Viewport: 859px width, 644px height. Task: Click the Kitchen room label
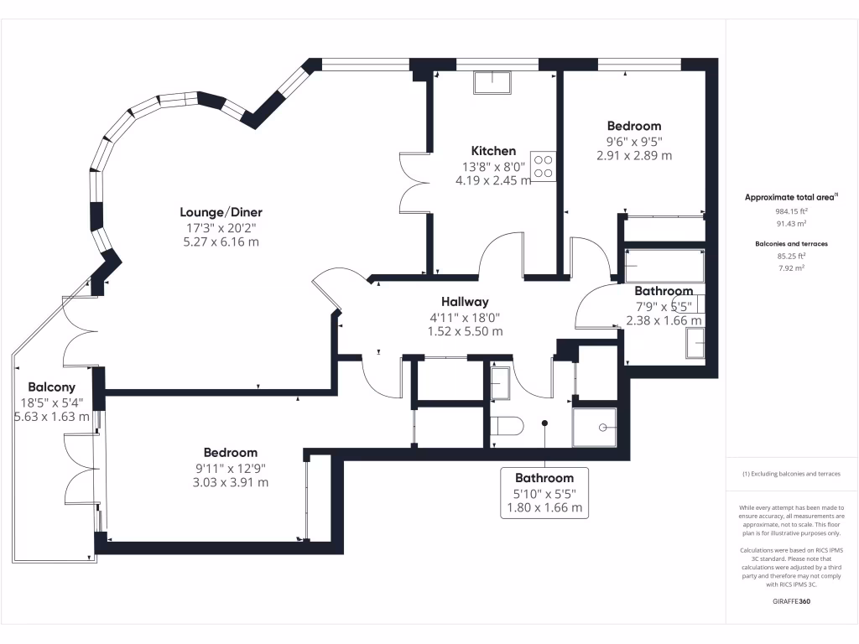(x=492, y=151)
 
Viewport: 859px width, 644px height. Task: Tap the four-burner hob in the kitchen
(x=543, y=165)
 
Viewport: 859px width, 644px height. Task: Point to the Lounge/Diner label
(x=215, y=212)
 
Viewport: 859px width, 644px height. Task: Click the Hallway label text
(x=465, y=302)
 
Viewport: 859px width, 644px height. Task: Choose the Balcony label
(x=51, y=387)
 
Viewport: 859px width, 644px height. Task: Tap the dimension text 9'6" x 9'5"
(x=634, y=141)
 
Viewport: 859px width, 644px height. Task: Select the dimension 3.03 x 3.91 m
(x=229, y=482)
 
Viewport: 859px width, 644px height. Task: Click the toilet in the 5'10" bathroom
(x=507, y=426)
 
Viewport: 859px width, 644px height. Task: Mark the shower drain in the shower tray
(x=602, y=427)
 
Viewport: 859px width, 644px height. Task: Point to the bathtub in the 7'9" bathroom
(x=664, y=264)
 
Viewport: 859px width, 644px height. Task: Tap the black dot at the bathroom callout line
(x=544, y=423)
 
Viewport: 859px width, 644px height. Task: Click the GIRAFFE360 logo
(x=791, y=601)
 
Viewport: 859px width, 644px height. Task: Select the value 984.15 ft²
(x=791, y=212)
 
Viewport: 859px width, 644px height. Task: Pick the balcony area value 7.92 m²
(x=791, y=267)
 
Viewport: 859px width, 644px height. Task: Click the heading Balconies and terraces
(x=791, y=243)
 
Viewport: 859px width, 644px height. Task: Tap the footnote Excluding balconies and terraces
(x=791, y=474)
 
